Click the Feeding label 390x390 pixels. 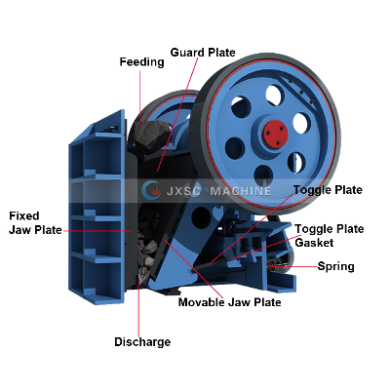141,62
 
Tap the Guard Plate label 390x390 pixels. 203,53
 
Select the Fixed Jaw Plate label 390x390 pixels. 35,223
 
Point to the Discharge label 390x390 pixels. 142,342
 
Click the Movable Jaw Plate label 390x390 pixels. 230,302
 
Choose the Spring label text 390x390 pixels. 335,266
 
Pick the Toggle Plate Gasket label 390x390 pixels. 330,236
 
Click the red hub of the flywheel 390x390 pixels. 275,134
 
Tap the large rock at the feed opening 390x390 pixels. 152,136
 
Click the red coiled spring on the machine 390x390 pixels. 271,267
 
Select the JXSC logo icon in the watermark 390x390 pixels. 151,190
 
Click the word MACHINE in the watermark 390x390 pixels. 241,191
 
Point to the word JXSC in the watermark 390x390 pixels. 183,191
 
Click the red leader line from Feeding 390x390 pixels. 140,97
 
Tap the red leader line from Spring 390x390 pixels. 294,267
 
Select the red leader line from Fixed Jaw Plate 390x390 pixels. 97,231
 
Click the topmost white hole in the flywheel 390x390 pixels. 275,96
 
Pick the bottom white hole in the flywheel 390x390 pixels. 263,175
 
